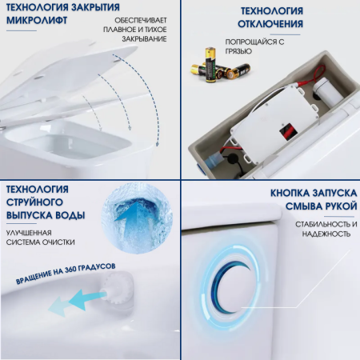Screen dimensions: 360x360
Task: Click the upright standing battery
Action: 210,61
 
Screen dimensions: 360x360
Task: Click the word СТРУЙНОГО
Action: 36,202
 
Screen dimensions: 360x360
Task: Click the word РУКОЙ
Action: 326,206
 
